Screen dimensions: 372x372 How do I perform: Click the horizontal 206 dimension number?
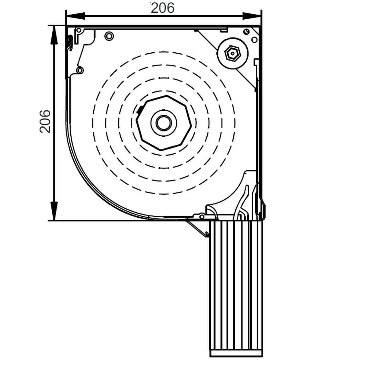(x=163, y=8)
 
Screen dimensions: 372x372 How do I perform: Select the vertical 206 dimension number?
(x=45, y=122)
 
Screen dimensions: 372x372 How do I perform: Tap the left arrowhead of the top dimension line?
(x=75, y=16)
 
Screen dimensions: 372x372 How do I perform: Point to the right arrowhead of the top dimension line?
(x=252, y=16)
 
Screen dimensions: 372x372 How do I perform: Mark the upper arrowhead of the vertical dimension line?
(x=54, y=35)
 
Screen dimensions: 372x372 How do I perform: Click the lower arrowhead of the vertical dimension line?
(x=54, y=211)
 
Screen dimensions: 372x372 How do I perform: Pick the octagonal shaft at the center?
(x=164, y=123)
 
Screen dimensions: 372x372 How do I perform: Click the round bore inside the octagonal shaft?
(x=164, y=123)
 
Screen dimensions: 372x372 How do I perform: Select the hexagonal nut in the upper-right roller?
(x=232, y=53)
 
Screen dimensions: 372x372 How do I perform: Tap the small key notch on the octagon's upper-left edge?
(x=140, y=110)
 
